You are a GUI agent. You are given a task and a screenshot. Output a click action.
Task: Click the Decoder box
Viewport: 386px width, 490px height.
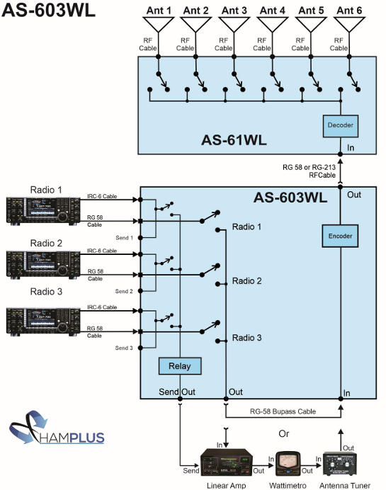tap(339, 125)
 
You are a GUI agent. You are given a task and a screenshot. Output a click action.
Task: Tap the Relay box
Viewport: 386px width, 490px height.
tap(179, 366)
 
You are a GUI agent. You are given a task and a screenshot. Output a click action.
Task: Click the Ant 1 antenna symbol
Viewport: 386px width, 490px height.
tap(159, 27)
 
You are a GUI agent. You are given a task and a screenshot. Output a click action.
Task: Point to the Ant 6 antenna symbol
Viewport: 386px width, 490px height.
tap(349, 27)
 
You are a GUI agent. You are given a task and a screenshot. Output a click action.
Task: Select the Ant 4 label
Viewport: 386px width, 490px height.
tap(273, 10)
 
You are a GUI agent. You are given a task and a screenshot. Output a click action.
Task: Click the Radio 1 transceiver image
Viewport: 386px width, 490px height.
tap(36, 212)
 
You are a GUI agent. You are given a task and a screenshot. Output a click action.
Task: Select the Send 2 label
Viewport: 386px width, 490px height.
tap(124, 292)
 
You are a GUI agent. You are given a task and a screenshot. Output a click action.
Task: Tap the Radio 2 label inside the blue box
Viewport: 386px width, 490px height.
tap(247, 281)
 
